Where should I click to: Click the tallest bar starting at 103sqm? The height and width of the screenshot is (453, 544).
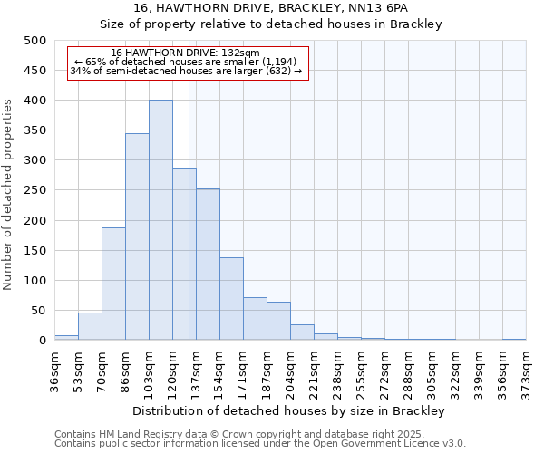(160, 220)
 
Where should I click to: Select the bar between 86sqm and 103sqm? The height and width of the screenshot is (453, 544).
(137, 236)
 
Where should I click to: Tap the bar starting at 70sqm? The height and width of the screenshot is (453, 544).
(113, 284)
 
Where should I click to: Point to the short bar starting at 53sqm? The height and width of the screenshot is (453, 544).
(90, 326)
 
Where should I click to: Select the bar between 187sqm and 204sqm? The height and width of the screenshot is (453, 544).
(278, 321)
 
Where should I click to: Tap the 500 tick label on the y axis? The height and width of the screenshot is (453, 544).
(35, 41)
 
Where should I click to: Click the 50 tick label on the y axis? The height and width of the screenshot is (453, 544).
(39, 311)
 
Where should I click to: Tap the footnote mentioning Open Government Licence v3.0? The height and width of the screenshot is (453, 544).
(260, 444)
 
